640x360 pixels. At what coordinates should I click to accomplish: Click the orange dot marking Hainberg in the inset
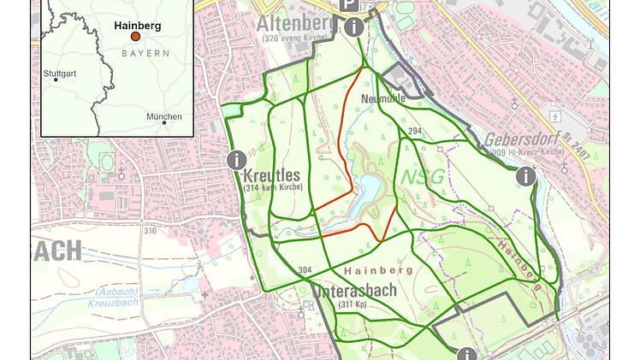click(x=134, y=37)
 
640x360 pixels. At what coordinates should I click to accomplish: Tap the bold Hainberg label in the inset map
click(x=137, y=26)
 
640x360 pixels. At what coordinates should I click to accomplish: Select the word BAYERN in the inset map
click(x=145, y=53)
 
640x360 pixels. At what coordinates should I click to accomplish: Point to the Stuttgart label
click(x=60, y=74)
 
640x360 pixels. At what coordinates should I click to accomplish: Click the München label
click(x=163, y=116)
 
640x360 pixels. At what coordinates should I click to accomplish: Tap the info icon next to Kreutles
click(x=236, y=159)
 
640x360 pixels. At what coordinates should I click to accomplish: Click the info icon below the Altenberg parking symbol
click(x=354, y=27)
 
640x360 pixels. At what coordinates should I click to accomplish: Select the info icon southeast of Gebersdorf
click(x=525, y=176)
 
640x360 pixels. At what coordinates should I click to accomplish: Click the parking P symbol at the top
click(x=350, y=5)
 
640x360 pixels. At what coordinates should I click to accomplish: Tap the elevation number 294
click(x=415, y=131)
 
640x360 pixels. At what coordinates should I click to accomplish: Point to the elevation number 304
click(x=305, y=270)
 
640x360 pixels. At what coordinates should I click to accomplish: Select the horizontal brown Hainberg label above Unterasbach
click(x=378, y=270)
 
